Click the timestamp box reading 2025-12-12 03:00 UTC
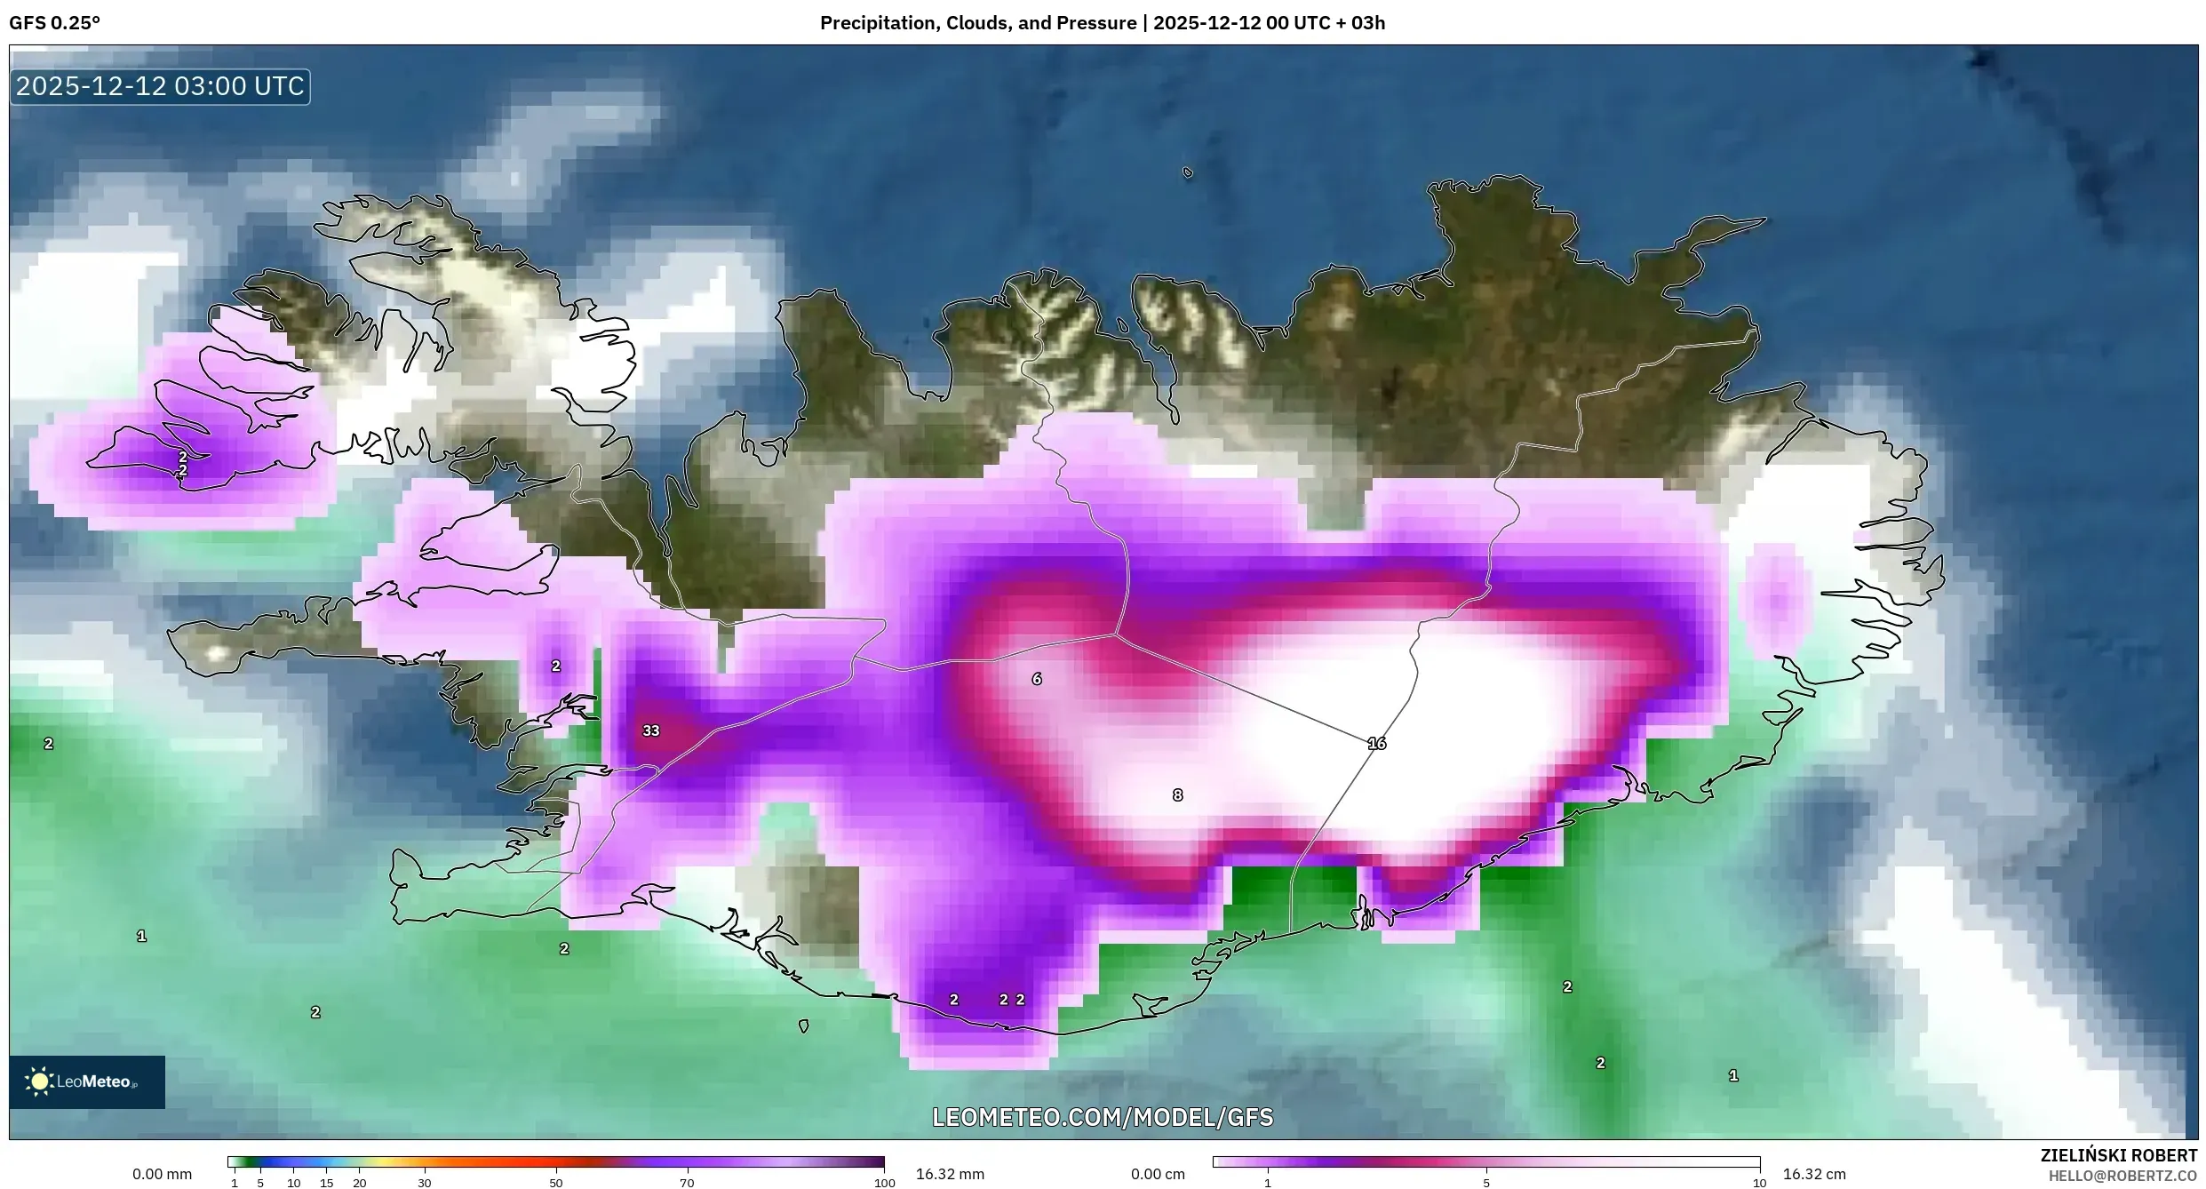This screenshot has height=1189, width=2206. (x=160, y=86)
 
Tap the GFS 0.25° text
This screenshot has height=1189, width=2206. (x=54, y=23)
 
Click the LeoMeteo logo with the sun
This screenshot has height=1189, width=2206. (x=86, y=1081)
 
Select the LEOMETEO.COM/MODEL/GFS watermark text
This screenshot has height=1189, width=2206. (x=1102, y=1117)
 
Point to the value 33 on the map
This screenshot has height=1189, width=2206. (x=651, y=730)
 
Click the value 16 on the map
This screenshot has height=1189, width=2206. (x=1376, y=743)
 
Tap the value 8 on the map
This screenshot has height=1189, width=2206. (x=1177, y=795)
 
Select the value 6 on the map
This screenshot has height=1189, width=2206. (x=1036, y=679)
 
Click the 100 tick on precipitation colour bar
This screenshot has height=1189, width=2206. (x=884, y=1182)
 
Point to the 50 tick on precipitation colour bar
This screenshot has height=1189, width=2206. (x=555, y=1182)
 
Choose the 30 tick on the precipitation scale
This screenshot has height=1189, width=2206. (x=425, y=1182)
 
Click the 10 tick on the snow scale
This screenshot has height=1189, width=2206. (x=1758, y=1182)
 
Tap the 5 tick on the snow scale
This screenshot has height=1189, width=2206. (x=1485, y=1182)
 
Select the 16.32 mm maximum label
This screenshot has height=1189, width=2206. (x=949, y=1174)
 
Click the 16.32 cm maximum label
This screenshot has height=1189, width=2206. (x=1813, y=1174)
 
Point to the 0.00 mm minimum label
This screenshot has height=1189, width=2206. (x=162, y=1174)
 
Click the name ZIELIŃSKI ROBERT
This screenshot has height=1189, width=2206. (x=2118, y=1155)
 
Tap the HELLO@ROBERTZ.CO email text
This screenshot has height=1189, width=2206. (x=2128, y=1176)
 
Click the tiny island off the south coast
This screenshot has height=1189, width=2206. (x=803, y=1025)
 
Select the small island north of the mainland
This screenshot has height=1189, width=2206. (x=1188, y=173)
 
